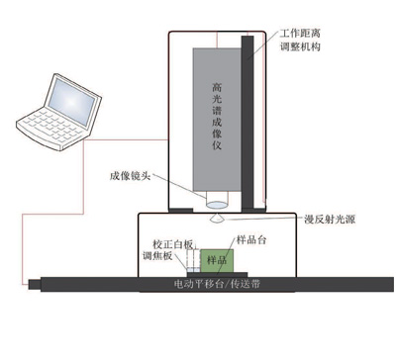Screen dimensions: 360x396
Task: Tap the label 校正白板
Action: click(x=168, y=240)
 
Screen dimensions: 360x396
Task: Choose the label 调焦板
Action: click(x=157, y=255)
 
